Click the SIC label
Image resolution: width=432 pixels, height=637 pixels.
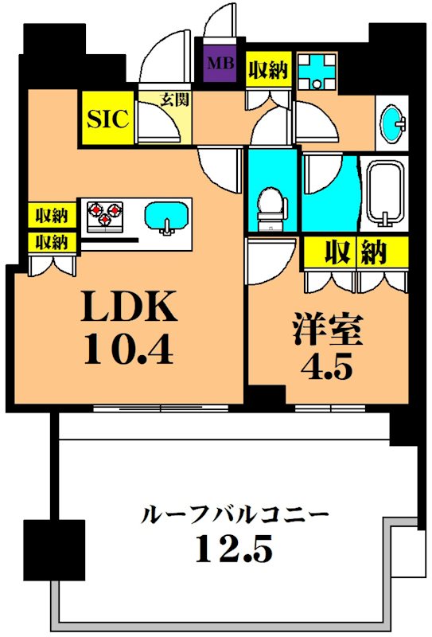(x=107, y=119)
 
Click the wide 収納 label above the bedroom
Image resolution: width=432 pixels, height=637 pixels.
(x=356, y=252)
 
